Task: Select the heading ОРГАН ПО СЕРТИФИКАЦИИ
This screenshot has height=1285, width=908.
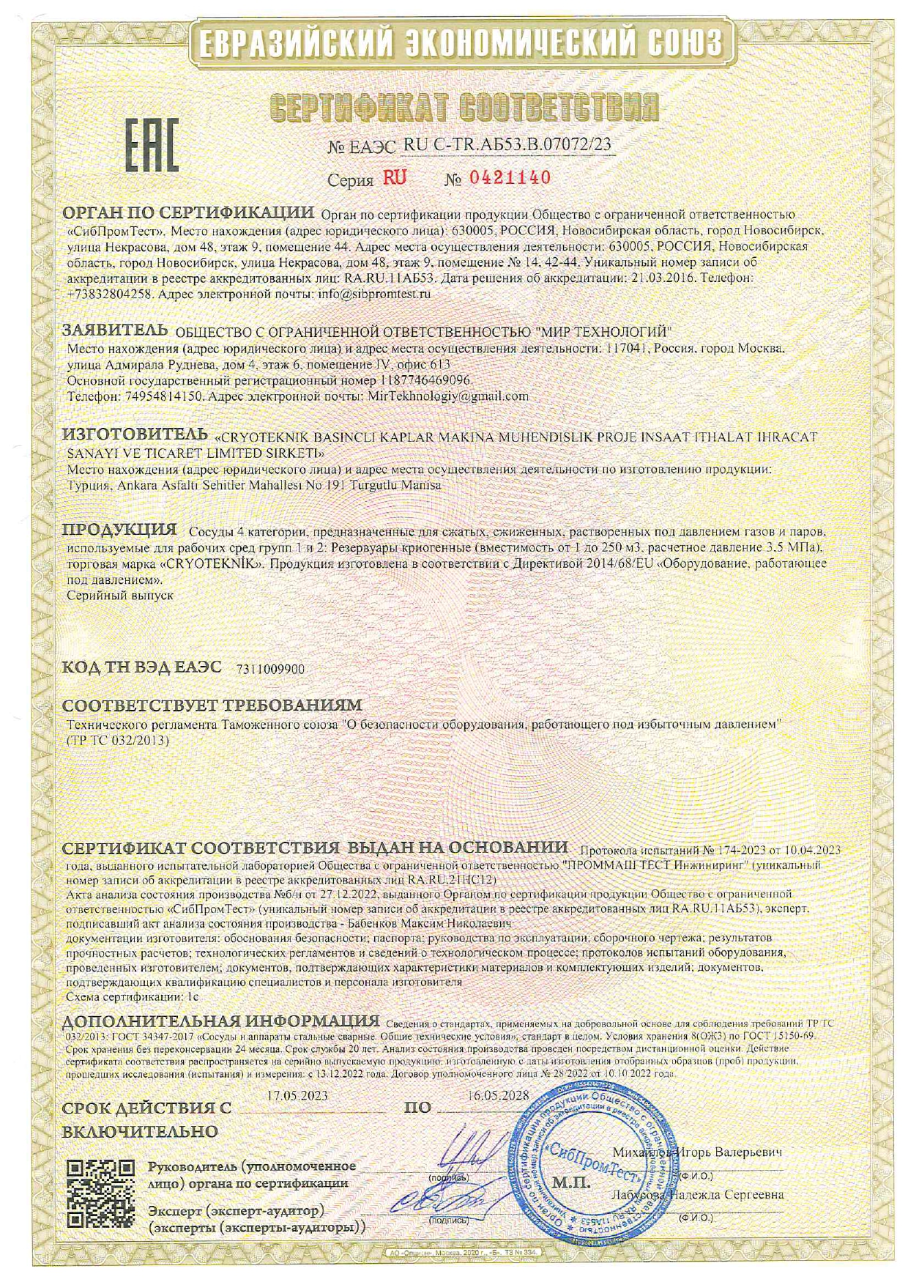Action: [x=188, y=213]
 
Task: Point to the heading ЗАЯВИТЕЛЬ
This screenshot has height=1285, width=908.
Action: [x=116, y=330]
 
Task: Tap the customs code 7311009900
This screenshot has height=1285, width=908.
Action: [x=271, y=669]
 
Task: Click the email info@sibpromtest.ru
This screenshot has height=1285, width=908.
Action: [x=374, y=293]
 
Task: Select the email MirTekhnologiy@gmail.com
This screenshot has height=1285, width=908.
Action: [x=447, y=396]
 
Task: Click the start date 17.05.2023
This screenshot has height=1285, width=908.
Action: [x=297, y=1097]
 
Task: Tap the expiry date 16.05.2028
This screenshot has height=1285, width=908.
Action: [x=497, y=1097]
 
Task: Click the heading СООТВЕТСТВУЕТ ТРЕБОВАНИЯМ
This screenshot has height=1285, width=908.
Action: [x=212, y=706]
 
